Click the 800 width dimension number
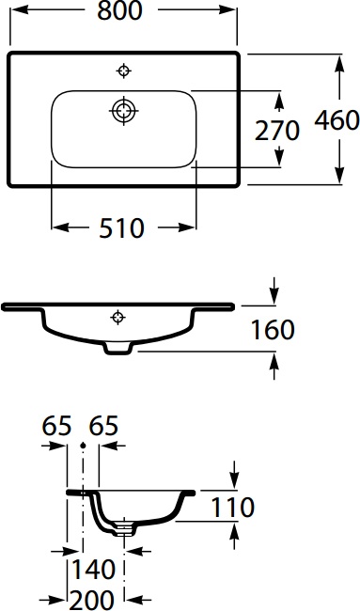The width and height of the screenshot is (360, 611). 123,11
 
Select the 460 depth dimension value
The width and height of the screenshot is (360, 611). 337,120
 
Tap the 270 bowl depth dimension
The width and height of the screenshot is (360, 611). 277,130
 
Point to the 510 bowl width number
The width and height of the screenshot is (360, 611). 123,227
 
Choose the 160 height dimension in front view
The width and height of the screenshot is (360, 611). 273,329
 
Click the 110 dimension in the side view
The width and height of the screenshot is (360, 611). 231,508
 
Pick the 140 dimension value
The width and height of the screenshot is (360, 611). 93,569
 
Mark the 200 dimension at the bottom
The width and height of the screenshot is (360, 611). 93,598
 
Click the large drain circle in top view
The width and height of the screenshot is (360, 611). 123,110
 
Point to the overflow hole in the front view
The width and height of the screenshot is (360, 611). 117,316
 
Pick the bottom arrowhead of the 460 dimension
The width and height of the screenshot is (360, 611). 337,179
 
